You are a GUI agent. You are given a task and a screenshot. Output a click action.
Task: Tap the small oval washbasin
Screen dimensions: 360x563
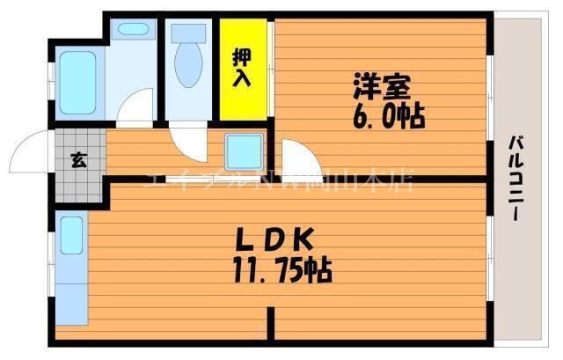[x=133, y=28]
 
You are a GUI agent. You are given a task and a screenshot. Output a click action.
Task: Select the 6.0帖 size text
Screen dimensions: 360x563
[x=388, y=115]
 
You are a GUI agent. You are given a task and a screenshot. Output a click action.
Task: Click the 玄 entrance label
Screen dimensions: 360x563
[x=78, y=159]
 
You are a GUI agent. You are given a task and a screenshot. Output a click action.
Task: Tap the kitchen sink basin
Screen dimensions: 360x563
[x=71, y=235]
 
